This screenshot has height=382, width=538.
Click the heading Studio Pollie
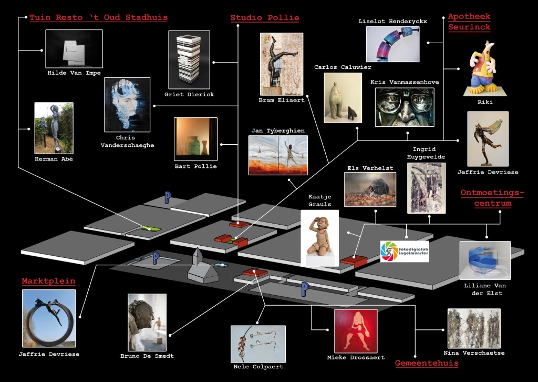click(265, 18)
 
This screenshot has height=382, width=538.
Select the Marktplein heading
click(48, 281)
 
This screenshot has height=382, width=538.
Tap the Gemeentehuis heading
click(427, 363)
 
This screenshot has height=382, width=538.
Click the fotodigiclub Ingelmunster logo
click(405, 252)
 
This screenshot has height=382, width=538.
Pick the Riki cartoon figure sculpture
click(483, 68)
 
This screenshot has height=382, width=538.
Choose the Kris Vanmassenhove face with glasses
click(405, 107)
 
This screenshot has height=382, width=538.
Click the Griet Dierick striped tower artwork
click(189, 60)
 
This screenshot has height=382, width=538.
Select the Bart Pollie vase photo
click(195, 139)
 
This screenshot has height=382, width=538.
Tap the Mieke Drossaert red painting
click(356, 331)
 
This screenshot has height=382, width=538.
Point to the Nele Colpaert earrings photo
click(258, 344)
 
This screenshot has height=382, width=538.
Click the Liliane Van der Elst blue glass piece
click(485, 260)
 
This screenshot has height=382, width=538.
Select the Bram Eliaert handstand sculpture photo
click(282, 64)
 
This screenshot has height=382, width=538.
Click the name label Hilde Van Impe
click(74, 73)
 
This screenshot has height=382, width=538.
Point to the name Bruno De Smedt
click(147, 356)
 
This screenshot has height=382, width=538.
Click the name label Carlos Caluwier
click(343, 67)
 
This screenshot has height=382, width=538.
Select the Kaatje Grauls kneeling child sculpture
click(320, 238)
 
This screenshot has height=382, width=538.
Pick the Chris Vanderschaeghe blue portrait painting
click(127, 105)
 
